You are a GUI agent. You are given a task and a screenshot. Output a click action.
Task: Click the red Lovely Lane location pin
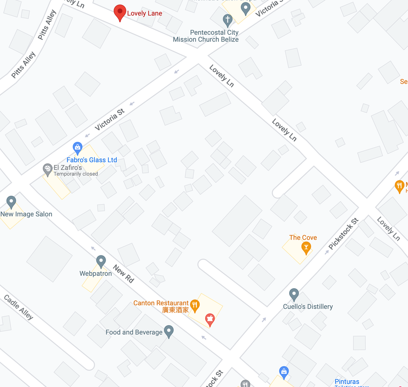pos(120,12)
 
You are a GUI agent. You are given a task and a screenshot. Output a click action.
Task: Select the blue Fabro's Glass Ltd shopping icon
pos(78,148)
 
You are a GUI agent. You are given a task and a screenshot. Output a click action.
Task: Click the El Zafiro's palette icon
pos(48,169)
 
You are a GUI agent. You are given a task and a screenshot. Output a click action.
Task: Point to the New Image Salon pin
pos(11,202)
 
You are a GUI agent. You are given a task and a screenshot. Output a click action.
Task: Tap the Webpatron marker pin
pos(101,261)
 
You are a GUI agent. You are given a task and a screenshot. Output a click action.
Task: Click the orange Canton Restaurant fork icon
pos(194,305)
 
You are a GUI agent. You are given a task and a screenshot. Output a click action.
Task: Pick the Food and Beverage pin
pos(169,331)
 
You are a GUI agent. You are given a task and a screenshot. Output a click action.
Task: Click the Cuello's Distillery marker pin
pos(294,295)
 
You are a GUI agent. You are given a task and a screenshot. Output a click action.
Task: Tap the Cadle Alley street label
pos(18,307)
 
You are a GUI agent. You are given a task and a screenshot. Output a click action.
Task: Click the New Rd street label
pos(124,273)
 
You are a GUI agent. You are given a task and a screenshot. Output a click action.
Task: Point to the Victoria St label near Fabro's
pos(110,120)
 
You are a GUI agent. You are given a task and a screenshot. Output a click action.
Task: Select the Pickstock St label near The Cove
pos(343,234)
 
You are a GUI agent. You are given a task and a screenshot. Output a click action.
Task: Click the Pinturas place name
pos(347,381)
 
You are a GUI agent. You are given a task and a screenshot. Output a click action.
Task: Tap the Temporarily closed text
pos(76,174)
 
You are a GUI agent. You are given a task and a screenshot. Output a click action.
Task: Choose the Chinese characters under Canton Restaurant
pos(175,310)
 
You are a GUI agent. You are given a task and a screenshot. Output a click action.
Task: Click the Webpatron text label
pos(96,273)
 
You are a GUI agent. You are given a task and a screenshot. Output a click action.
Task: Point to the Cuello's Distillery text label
pos(308,306)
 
